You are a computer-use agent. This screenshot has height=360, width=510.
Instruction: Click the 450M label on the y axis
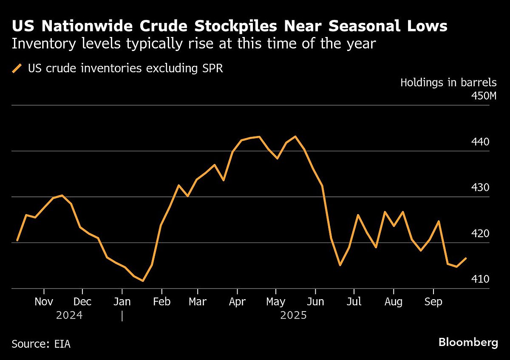pyautogui.click(x=484, y=96)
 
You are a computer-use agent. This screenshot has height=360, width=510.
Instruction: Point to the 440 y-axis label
pyautogui.click(x=488, y=142)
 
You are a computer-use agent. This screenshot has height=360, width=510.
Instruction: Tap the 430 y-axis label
pyautogui.click(x=488, y=188)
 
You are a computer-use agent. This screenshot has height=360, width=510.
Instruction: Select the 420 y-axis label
pyautogui.click(x=488, y=234)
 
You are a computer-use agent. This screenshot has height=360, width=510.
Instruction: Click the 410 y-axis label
pyautogui.click(x=488, y=280)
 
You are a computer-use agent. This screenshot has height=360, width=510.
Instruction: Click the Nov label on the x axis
pyautogui.click(x=44, y=302)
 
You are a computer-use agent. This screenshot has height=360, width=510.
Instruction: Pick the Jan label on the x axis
pyautogui.click(x=122, y=302)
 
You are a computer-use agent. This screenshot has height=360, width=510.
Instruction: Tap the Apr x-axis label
pyautogui.click(x=237, y=302)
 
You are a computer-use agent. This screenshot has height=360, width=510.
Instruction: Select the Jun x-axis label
pyautogui.click(x=315, y=302)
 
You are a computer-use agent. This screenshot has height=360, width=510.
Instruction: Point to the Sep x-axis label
pyautogui.click(x=433, y=302)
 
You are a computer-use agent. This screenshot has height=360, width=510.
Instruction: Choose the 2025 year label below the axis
pyautogui.click(x=293, y=316)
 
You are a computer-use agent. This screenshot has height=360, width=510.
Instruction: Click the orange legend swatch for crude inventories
pyautogui.click(x=17, y=68)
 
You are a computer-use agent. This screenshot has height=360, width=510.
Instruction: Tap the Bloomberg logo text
pyautogui.click(x=468, y=343)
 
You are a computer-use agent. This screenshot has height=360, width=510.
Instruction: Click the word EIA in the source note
pyautogui.click(x=62, y=344)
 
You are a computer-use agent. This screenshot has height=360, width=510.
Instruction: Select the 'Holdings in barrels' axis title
pyautogui.click(x=448, y=82)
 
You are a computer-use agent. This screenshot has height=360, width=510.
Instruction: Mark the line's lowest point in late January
pyautogui.click(x=143, y=281)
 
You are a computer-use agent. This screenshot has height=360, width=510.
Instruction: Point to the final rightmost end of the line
pyautogui.click(x=466, y=258)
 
